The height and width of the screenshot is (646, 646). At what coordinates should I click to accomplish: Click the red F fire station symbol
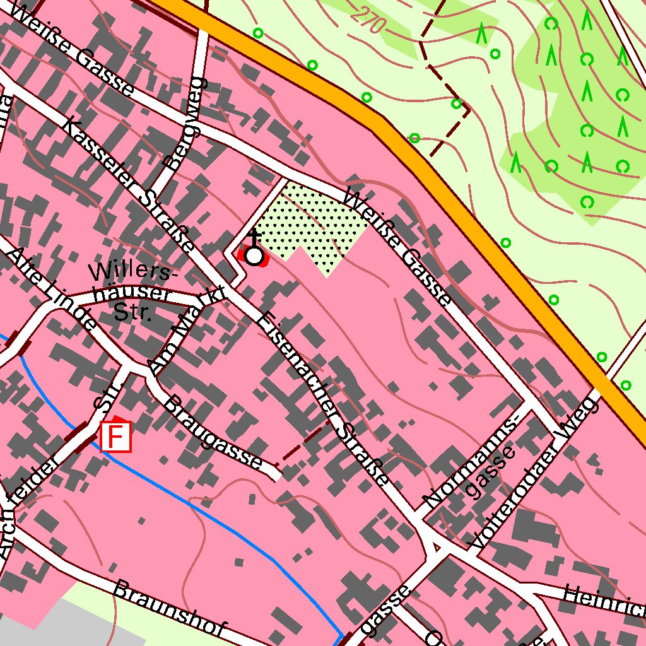(x=115, y=437)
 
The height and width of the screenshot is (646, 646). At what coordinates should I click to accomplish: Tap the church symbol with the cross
(x=254, y=255)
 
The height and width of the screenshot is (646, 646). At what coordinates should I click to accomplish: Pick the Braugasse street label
(x=213, y=432)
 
